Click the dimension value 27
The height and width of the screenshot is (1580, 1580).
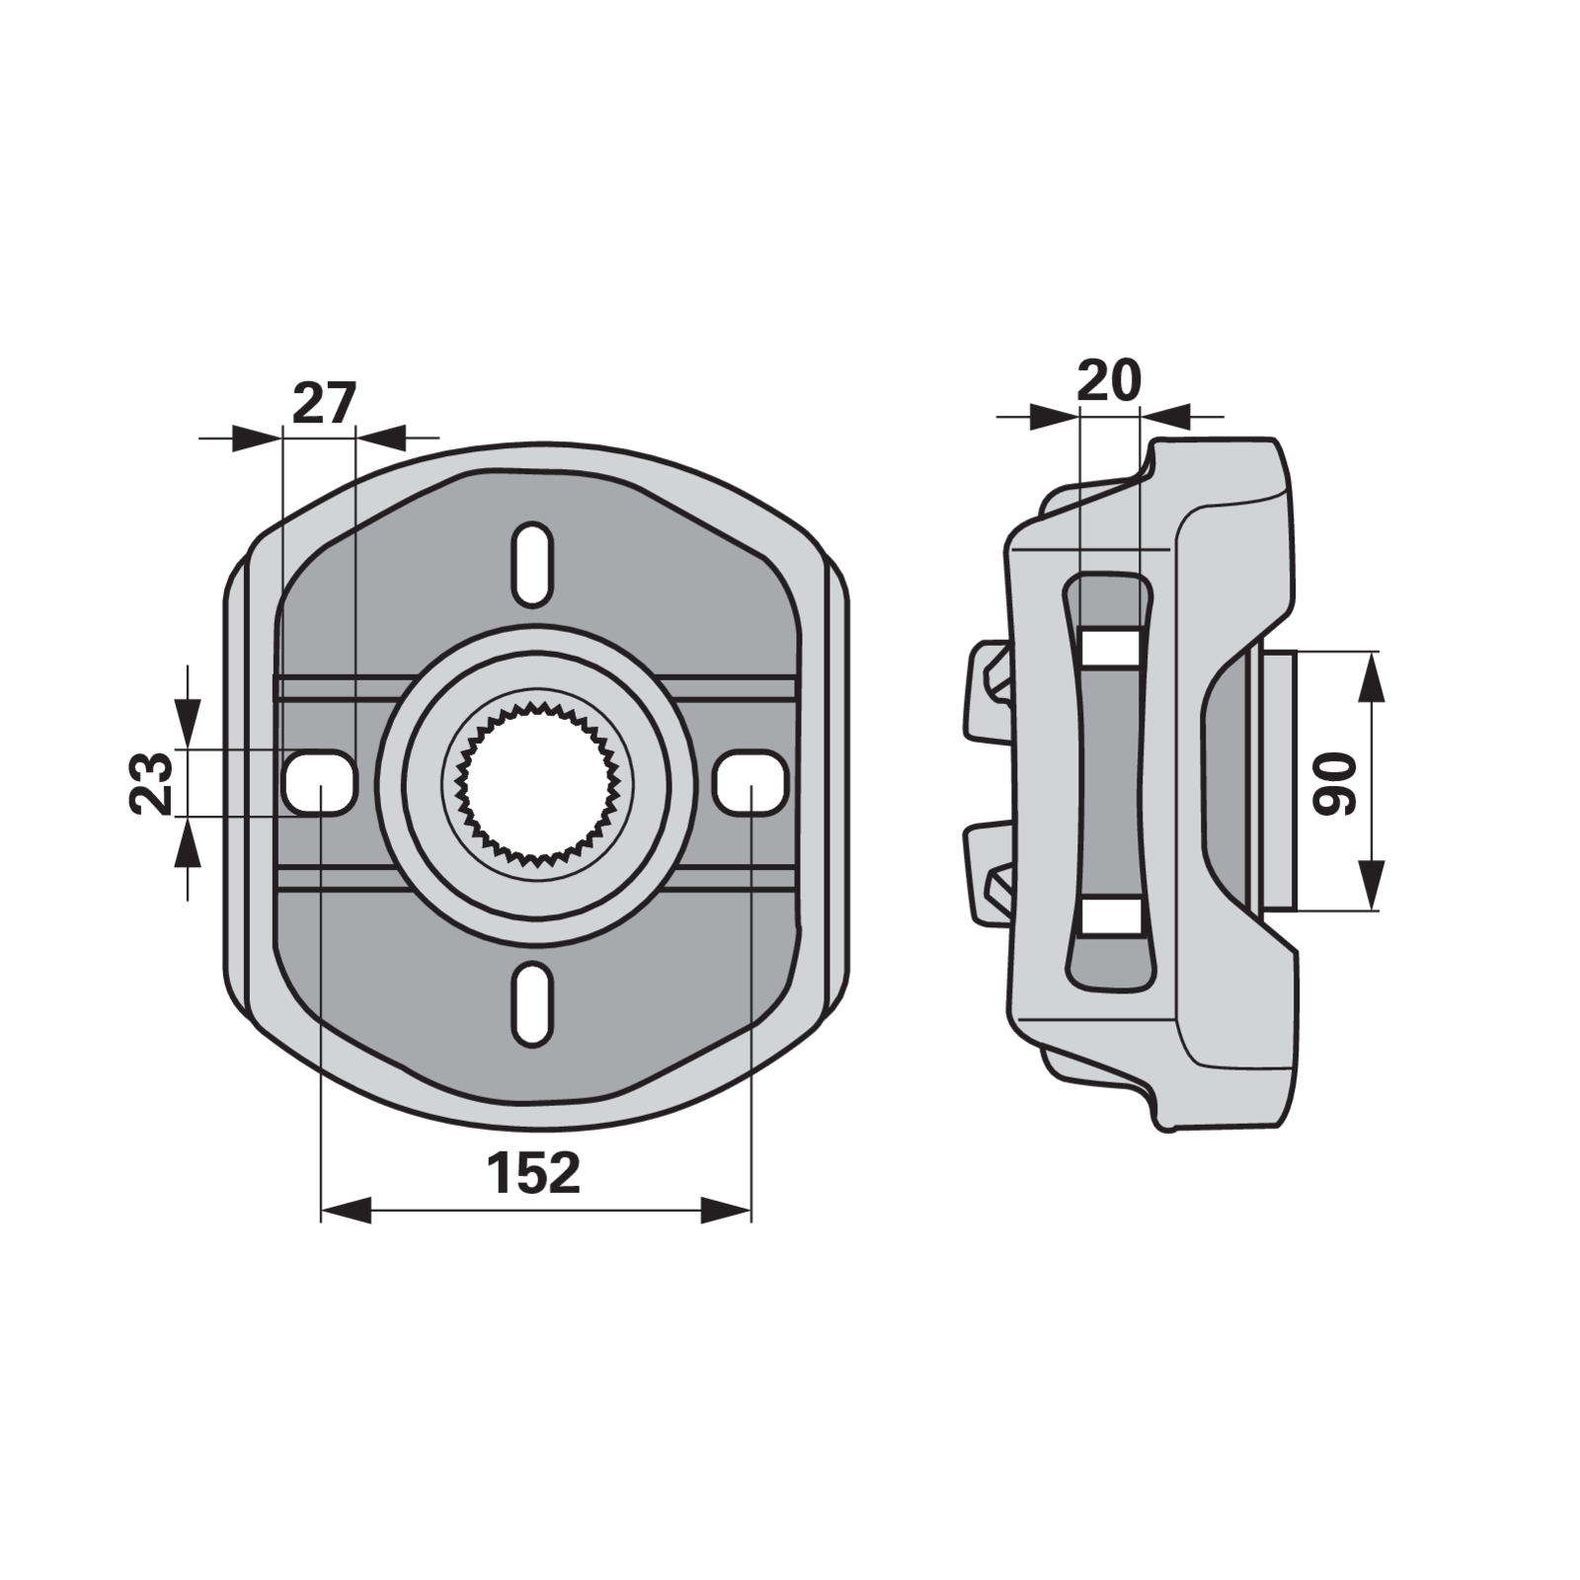coord(323,404)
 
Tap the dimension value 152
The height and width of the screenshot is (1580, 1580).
coord(533,1172)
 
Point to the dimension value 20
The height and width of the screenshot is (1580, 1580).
coord(1109,380)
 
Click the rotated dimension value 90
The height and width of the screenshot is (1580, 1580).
coord(1335,783)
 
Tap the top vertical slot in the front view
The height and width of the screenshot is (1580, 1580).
coord(532,564)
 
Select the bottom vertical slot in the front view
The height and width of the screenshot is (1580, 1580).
coord(532,1002)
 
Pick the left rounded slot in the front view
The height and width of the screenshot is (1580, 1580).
coord(319,782)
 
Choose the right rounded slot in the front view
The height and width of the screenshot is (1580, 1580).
coord(750,782)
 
